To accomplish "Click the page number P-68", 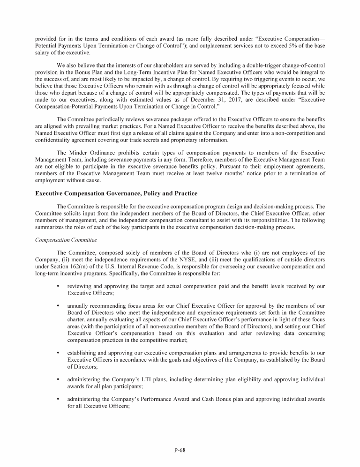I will tap(180, 451).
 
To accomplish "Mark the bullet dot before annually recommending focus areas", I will tap(57, 305).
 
